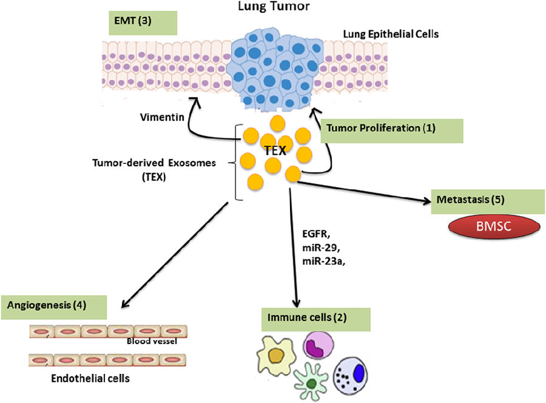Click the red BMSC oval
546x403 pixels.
click(x=494, y=226)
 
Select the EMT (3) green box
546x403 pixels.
click(x=143, y=23)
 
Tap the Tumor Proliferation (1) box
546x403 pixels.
click(x=392, y=131)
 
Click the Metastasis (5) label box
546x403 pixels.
click(x=488, y=201)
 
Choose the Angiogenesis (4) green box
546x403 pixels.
click(x=54, y=307)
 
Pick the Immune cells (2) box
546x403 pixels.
click(x=316, y=319)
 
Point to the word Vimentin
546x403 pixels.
click(x=162, y=117)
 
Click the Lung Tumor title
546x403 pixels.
click(x=274, y=6)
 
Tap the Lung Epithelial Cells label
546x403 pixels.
click(x=391, y=34)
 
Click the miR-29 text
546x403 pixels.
click(x=321, y=248)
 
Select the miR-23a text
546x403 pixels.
click(x=323, y=261)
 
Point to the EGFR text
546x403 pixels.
click(x=316, y=234)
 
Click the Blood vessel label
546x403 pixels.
click(x=152, y=341)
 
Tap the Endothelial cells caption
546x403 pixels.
click(x=90, y=378)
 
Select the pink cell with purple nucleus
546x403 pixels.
click(x=318, y=345)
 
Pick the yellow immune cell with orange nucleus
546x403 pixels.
click(x=276, y=356)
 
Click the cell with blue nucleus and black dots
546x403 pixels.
click(x=351, y=375)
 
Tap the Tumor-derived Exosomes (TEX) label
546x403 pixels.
click(x=154, y=169)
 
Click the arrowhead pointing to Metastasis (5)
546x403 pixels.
click(x=426, y=201)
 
